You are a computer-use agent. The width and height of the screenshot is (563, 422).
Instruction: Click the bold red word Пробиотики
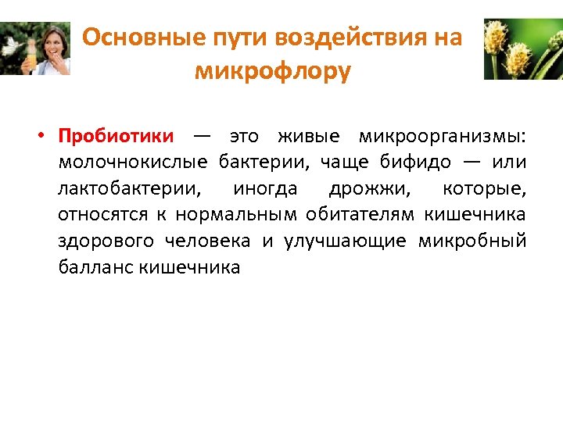click(116, 136)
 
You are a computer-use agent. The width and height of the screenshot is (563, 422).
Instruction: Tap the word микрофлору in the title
click(273, 71)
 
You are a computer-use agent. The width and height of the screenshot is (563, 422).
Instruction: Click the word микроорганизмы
click(442, 136)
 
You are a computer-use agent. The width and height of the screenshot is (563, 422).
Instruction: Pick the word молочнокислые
click(132, 163)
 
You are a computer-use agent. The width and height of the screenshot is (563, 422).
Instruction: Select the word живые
click(309, 136)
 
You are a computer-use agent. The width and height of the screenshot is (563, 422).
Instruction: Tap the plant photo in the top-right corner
click(522, 48)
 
